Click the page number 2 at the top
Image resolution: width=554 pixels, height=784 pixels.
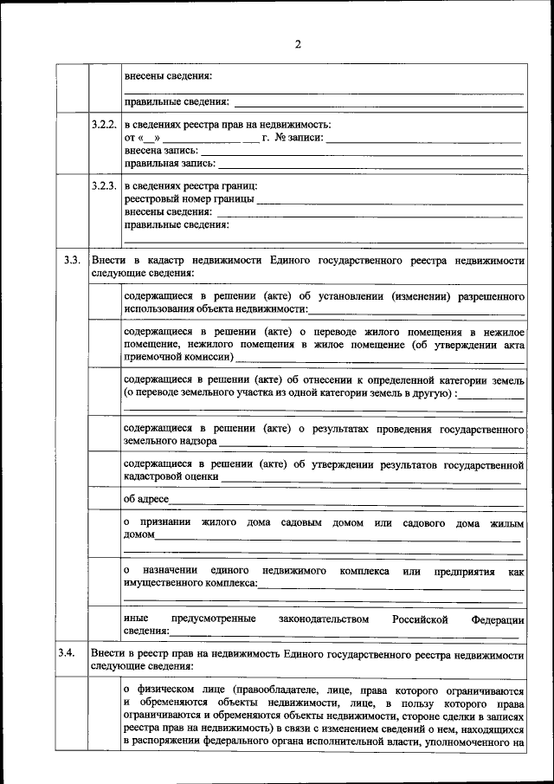pyautogui.click(x=297, y=44)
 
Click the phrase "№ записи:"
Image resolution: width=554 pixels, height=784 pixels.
pyautogui.click(x=300, y=137)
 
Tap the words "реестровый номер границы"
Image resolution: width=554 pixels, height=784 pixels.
pyautogui.click(x=189, y=199)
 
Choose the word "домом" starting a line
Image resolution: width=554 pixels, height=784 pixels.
pyautogui.click(x=138, y=535)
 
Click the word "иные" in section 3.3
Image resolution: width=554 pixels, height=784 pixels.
pyautogui.click(x=135, y=619)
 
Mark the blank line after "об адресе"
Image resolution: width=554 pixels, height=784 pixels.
pyautogui.click(x=346, y=502)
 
